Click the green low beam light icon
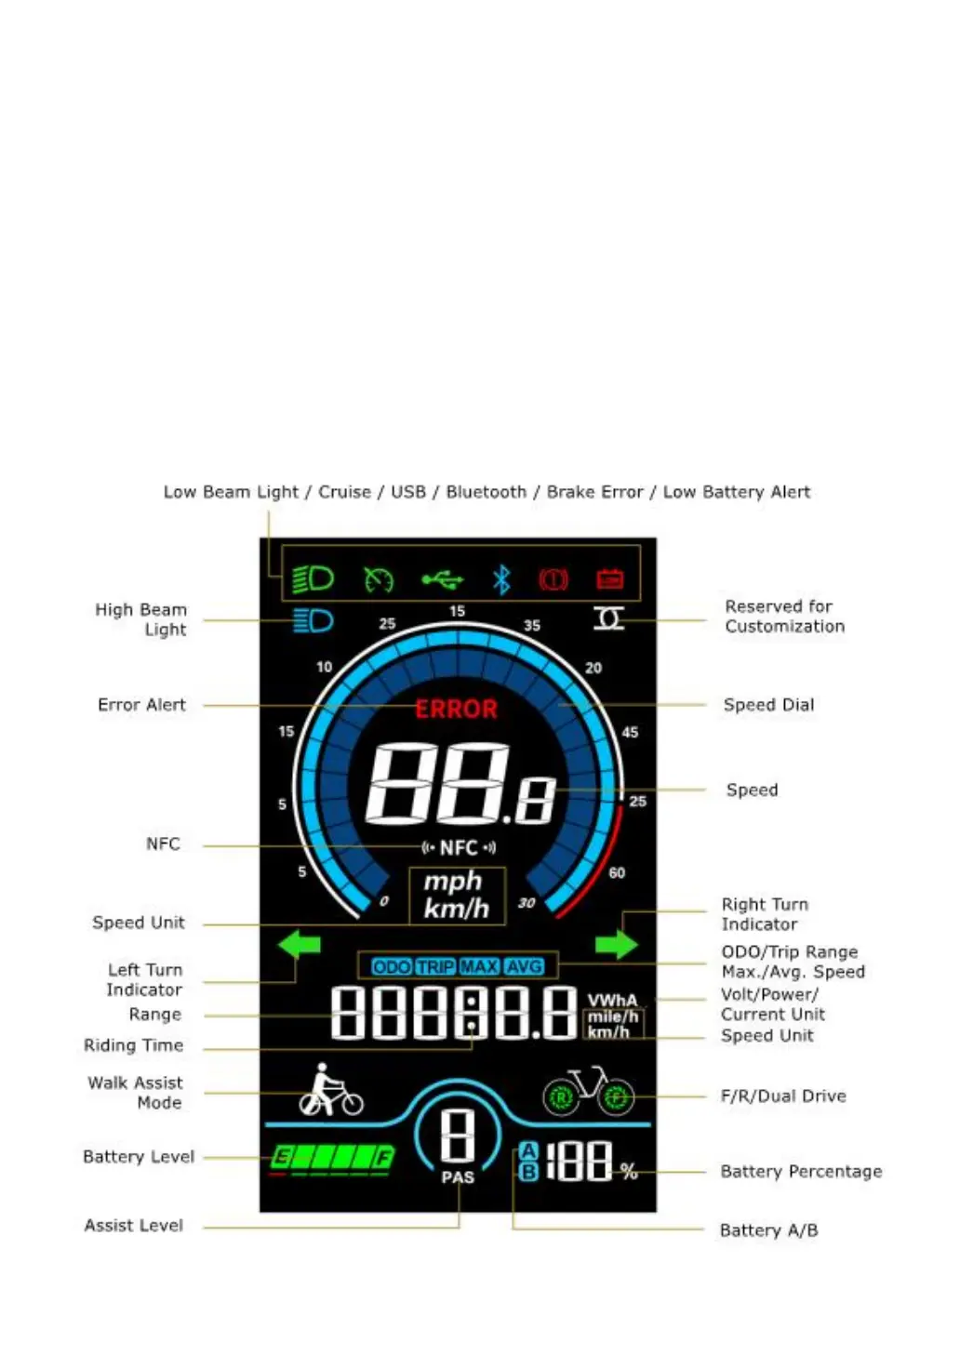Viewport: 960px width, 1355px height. [313, 579]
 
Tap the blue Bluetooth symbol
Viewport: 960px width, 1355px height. [501, 580]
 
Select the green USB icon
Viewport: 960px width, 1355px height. [442, 580]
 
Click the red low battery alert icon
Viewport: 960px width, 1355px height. [609, 580]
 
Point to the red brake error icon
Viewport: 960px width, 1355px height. [553, 580]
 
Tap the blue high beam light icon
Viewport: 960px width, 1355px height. [313, 620]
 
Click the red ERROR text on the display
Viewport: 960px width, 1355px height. [456, 710]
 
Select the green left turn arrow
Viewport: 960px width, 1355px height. [299, 944]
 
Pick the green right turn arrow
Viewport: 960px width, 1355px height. [616, 945]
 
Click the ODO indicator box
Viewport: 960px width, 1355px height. [391, 967]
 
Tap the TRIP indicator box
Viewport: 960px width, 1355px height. [435, 967]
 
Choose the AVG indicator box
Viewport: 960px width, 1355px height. [524, 967]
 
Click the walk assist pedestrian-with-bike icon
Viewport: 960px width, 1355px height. [330, 1092]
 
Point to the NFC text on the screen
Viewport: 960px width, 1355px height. [459, 847]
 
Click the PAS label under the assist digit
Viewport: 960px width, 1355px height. [458, 1177]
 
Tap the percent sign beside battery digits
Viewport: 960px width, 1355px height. [630, 1172]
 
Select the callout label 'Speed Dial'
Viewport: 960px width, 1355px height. [768, 705]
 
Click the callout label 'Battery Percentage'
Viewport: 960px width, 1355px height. [801, 1172]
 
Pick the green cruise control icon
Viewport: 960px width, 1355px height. [379, 580]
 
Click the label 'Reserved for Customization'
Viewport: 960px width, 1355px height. [784, 617]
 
